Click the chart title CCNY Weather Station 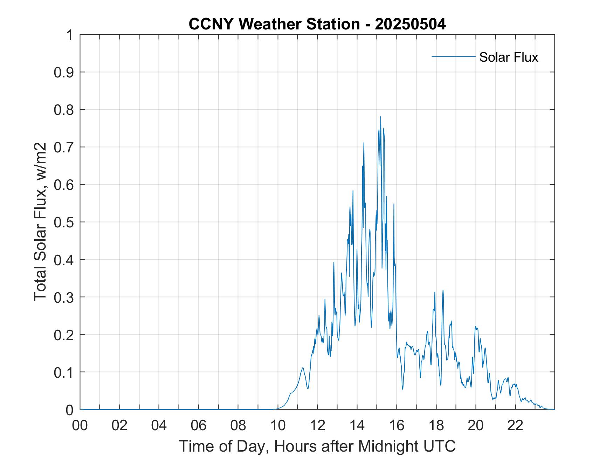(x=274, y=24)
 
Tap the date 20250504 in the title (x=410, y=24)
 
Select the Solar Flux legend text (x=508, y=57)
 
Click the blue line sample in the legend (x=453, y=56)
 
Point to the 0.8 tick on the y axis (x=64, y=110)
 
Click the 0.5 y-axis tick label (x=64, y=222)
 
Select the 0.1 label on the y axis (x=64, y=372)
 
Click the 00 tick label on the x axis (x=80, y=425)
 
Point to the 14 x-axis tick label (x=357, y=425)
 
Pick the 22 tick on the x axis (x=516, y=425)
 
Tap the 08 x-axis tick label (x=238, y=425)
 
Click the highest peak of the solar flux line (x=380, y=117)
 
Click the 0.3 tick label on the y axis (x=64, y=297)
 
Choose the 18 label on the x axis (x=436, y=425)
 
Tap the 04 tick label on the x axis (x=159, y=425)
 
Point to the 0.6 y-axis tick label (x=64, y=185)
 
